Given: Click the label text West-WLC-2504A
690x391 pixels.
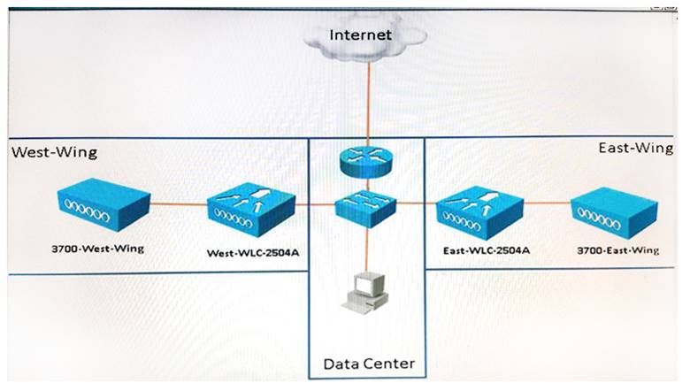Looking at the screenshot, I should pos(253,253).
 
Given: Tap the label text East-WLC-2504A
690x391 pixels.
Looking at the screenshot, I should pos(486,250).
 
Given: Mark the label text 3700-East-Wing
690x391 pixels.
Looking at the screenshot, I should pos(617,250).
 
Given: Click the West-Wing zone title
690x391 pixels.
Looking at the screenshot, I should pos(54,152).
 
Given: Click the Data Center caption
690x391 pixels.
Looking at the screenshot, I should pos(368,364).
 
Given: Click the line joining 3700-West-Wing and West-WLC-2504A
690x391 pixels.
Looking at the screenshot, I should pos(177,204).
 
